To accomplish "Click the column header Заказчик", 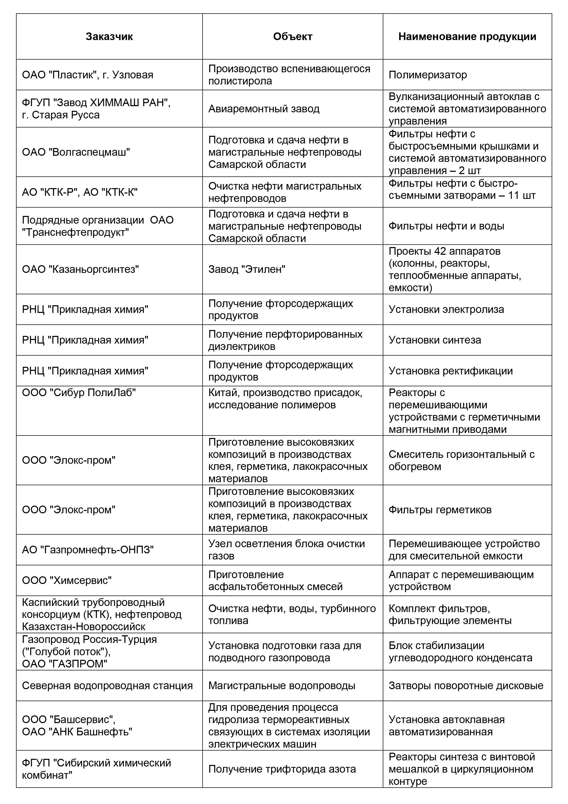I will pyautogui.click(x=109, y=37).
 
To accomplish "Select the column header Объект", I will pyautogui.click(x=293, y=37).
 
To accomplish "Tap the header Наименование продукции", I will pyautogui.click(x=467, y=37).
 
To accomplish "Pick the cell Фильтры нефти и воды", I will pyautogui.click(x=446, y=226).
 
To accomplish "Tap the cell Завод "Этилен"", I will pyautogui.click(x=247, y=269).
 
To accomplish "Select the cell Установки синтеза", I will pyautogui.click(x=435, y=340).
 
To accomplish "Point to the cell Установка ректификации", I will pyautogui.click(x=450, y=371).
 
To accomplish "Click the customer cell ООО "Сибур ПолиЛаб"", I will pyautogui.click(x=79, y=393).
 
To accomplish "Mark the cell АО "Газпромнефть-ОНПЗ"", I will pyautogui.click(x=88, y=550).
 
